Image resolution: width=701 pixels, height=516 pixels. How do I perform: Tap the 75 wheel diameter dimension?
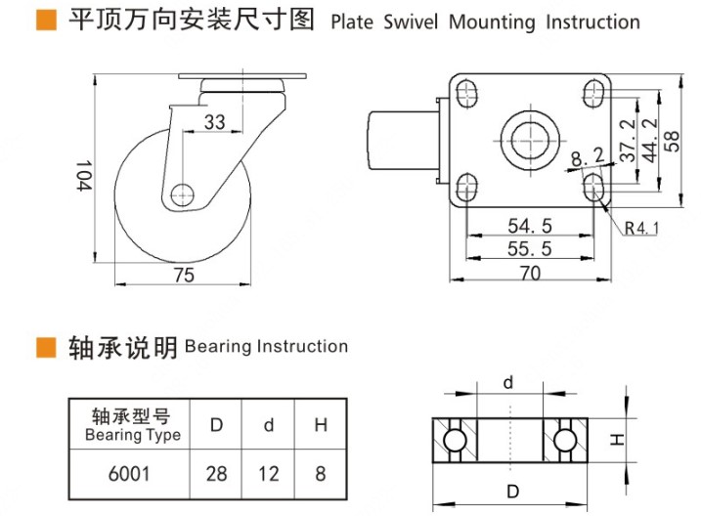(183, 276)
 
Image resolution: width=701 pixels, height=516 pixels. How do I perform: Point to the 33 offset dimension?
(214, 122)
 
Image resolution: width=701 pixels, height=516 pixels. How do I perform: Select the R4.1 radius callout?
(643, 230)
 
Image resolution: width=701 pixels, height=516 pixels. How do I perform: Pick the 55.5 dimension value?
(529, 249)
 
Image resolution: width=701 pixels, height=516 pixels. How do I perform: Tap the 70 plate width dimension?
(529, 275)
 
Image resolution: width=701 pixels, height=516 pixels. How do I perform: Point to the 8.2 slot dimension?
(587, 154)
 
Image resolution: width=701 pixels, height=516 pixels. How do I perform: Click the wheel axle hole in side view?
(182, 194)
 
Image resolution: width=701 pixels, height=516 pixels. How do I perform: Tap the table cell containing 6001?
(127, 474)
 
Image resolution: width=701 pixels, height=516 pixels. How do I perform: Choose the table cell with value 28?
(216, 474)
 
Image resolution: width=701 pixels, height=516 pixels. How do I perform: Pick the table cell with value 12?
(268, 474)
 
